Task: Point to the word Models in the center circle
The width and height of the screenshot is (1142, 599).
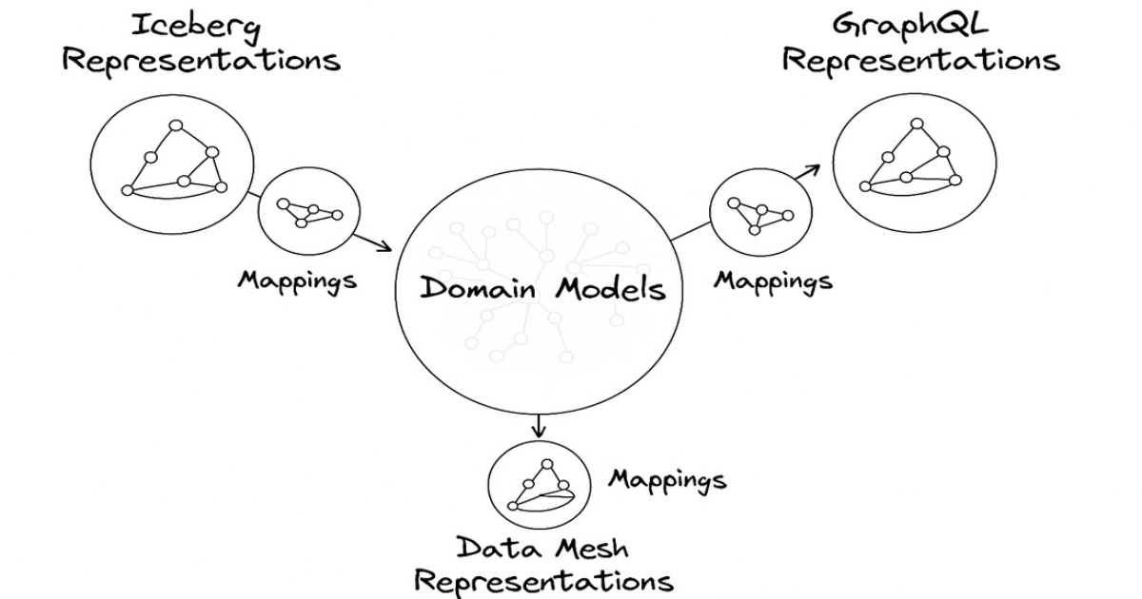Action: click(x=610, y=289)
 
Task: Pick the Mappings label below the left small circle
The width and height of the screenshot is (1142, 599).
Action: click(x=297, y=281)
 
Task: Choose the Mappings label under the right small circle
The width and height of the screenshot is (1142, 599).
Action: click(x=773, y=281)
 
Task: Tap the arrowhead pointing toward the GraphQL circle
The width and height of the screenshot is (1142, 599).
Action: click(x=812, y=168)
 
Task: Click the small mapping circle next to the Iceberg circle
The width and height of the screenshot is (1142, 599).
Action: click(x=308, y=210)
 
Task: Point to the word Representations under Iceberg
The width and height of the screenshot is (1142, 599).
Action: click(x=201, y=61)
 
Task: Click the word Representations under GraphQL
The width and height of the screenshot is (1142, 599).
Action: click(x=920, y=61)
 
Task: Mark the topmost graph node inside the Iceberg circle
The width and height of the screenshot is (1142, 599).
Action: click(x=175, y=126)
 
